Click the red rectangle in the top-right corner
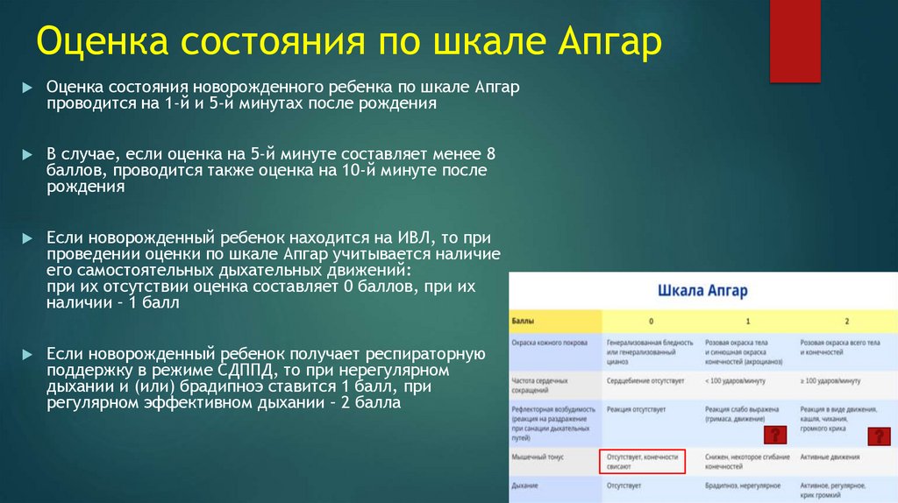pyautogui.click(x=795, y=41)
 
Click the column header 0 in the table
pyautogui.click(x=651, y=321)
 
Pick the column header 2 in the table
pyautogui.click(x=846, y=321)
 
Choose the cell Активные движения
pyautogui.click(x=830, y=457)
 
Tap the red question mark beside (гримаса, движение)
pyautogui.click(x=774, y=436)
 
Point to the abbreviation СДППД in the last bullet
pyautogui.click(x=264, y=371)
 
